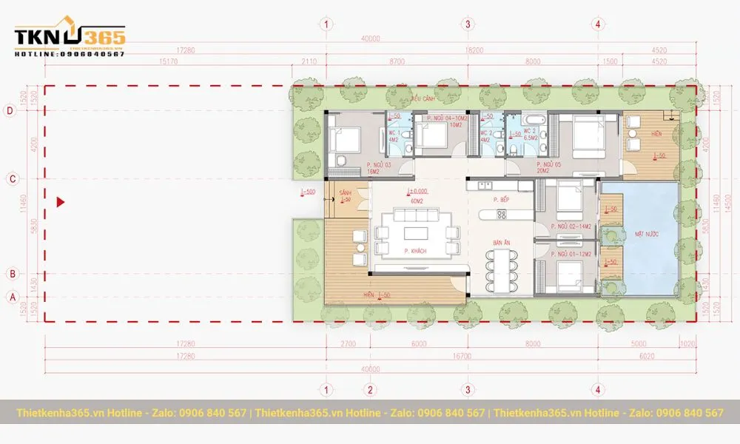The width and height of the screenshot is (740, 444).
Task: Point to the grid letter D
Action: pos(11,112)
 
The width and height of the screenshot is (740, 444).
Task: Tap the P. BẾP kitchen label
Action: pos(504,201)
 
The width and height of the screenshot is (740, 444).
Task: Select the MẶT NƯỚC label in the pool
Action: pos(647,234)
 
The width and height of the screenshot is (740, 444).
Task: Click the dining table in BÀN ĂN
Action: pos(502,269)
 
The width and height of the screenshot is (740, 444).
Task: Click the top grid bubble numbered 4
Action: pos(597,24)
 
